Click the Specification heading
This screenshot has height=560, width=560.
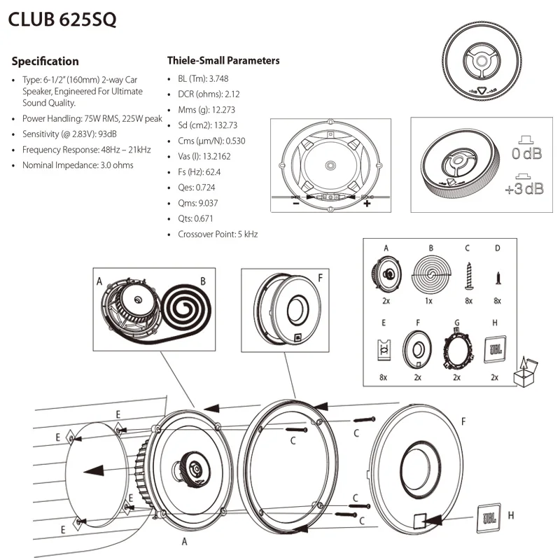click(x=45, y=61)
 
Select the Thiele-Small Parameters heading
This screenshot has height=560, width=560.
click(x=223, y=60)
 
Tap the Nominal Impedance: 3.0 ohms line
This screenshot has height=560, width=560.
click(x=77, y=165)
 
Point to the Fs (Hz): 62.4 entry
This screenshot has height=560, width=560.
click(x=199, y=171)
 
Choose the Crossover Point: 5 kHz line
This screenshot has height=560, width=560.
click(x=218, y=234)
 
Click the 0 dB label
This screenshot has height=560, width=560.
click(x=526, y=153)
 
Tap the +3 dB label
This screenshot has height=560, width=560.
click(x=524, y=188)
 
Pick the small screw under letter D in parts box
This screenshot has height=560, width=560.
click(x=498, y=277)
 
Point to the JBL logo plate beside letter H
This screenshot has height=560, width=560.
click(x=488, y=517)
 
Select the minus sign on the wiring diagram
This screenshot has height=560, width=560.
click(x=296, y=204)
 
